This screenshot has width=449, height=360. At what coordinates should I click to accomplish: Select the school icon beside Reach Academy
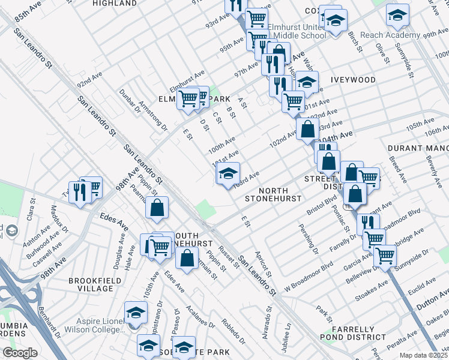[x=397, y=16]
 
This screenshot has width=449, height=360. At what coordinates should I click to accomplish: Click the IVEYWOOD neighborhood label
[x=352, y=80]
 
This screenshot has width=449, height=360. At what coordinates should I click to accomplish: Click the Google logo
[x=20, y=353]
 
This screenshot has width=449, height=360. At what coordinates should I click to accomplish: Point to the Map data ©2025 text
[x=423, y=355]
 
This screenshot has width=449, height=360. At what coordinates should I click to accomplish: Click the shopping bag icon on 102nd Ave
[x=307, y=128]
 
